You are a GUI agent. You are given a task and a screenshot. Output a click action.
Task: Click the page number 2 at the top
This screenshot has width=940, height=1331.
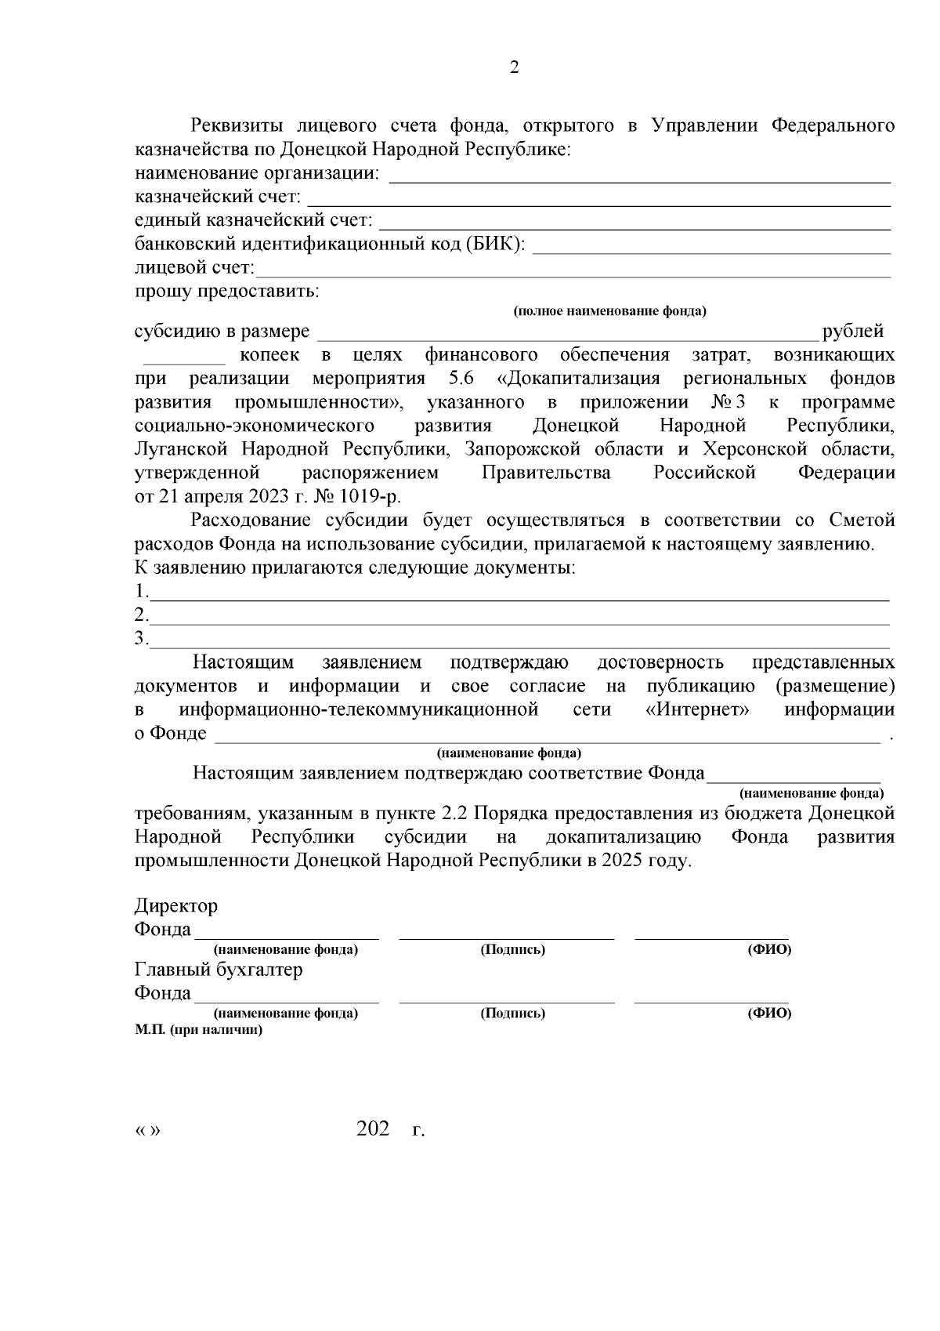514,67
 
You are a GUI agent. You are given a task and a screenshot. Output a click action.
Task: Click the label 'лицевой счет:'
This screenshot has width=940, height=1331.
194,268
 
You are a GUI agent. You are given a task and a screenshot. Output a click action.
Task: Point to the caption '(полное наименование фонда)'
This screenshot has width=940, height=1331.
609,311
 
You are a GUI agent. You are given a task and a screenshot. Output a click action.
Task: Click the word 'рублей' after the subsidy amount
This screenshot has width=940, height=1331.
852,331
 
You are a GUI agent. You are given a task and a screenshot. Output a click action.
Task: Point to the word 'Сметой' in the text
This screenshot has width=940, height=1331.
861,520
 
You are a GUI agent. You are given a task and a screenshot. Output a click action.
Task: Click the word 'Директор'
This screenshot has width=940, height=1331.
175,906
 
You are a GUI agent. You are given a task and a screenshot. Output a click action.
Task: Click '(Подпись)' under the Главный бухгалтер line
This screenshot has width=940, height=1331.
512,1013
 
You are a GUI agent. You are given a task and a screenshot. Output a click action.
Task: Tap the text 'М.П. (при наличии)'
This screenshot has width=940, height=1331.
198,1030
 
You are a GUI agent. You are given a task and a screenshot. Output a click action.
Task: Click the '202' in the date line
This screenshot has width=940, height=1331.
373,1130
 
